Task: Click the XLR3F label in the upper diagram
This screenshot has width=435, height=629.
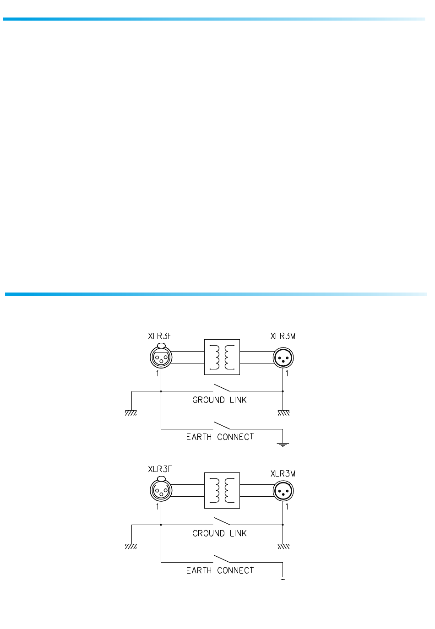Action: point(159,336)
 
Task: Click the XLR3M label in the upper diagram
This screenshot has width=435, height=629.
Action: point(283,336)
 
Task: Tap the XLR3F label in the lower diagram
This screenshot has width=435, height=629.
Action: point(159,469)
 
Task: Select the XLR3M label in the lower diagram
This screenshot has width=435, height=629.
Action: point(283,474)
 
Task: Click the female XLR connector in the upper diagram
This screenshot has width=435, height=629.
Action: point(161,357)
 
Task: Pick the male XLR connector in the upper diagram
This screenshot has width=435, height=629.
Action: point(283,358)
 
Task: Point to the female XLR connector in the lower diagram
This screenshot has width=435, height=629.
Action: point(161,491)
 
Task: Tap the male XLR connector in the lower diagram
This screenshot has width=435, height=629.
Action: point(283,491)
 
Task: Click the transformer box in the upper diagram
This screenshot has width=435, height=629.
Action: point(222,357)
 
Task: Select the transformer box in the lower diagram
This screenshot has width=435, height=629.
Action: point(222,490)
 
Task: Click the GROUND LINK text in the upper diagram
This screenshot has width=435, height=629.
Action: point(219,400)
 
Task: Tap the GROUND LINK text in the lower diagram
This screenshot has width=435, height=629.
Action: point(219,533)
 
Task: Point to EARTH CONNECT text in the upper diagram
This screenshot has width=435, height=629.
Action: point(220,437)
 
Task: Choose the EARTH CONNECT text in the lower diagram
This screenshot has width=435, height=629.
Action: point(220,570)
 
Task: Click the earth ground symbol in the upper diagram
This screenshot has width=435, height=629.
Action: point(283,444)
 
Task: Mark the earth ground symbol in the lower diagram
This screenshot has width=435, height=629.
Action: point(283,578)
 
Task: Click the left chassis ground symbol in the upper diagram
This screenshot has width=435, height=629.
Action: point(131,412)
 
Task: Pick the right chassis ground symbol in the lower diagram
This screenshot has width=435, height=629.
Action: point(283,546)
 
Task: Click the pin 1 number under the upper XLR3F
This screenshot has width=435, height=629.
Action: point(158,374)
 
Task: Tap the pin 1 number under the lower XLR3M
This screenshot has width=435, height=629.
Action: point(287,507)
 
